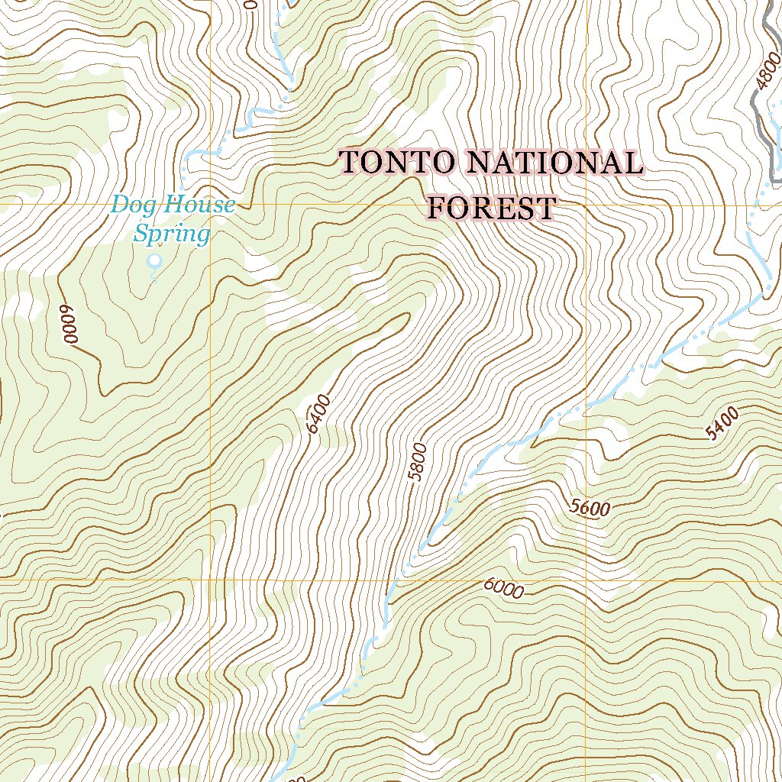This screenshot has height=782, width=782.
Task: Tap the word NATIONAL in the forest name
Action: [x=554, y=163]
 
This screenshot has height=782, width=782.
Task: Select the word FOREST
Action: [x=490, y=208]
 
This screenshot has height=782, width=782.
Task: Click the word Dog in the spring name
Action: [x=131, y=205]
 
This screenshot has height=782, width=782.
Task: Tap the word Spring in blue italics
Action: [x=171, y=234]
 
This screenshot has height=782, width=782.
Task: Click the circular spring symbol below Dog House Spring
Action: [x=155, y=261]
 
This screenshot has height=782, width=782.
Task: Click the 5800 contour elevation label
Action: [x=417, y=461]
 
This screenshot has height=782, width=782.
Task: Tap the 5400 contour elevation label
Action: [x=722, y=424]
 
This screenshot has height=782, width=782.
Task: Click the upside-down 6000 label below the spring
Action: [x=69, y=324]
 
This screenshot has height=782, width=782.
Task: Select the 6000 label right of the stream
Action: [x=503, y=589]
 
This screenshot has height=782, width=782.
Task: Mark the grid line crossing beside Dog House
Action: [x=210, y=205]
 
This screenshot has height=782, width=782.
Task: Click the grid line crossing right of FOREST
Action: [x=586, y=205]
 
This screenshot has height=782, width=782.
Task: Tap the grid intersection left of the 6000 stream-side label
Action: [x=210, y=580]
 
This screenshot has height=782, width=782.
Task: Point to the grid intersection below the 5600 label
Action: [x=586, y=580]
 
